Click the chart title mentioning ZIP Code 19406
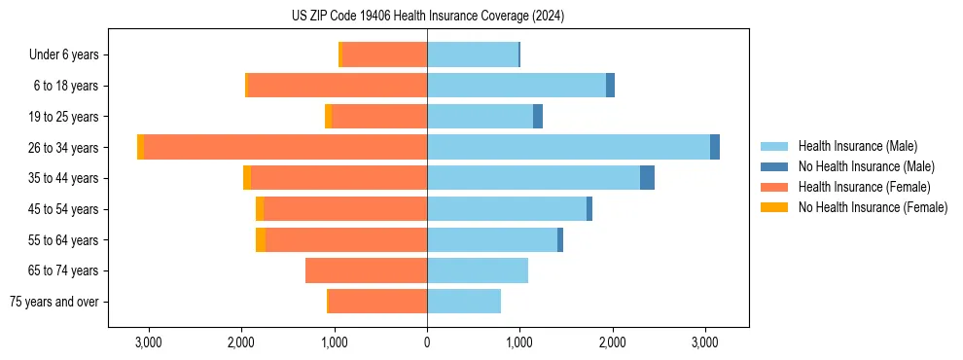(x=427, y=17)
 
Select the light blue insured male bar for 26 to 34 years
(x=568, y=147)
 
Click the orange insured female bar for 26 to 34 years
(x=285, y=147)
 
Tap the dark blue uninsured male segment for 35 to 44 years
(x=647, y=178)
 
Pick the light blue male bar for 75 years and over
(x=464, y=302)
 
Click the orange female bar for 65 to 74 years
(x=366, y=270)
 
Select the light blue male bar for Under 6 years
(x=473, y=54)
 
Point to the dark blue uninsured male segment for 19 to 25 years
(x=538, y=117)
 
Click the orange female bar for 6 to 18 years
(x=338, y=86)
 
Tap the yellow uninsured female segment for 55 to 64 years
(x=261, y=239)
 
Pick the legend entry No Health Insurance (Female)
(x=873, y=207)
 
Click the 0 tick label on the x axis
(x=427, y=342)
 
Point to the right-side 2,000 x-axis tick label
(x=612, y=342)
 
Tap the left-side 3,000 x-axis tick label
(x=149, y=342)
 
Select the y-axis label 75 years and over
(x=53, y=302)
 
